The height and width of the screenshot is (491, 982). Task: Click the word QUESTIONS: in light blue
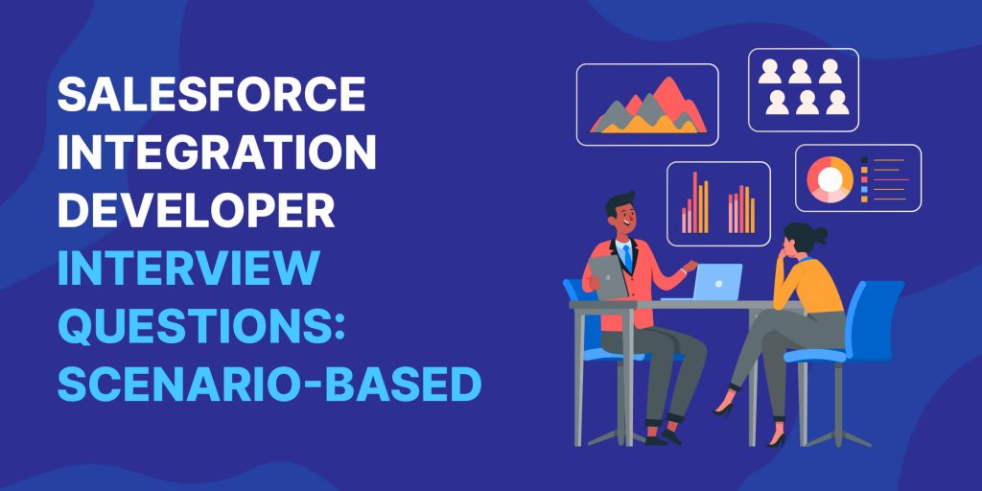pos(201,326)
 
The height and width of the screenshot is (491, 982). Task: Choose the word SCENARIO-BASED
pos(269,384)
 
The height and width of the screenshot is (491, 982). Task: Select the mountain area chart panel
pos(647,105)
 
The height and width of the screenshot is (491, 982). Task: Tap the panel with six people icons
pos(803,88)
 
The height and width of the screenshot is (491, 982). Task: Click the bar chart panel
pos(718,202)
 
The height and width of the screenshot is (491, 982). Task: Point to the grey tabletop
pos(671,306)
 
